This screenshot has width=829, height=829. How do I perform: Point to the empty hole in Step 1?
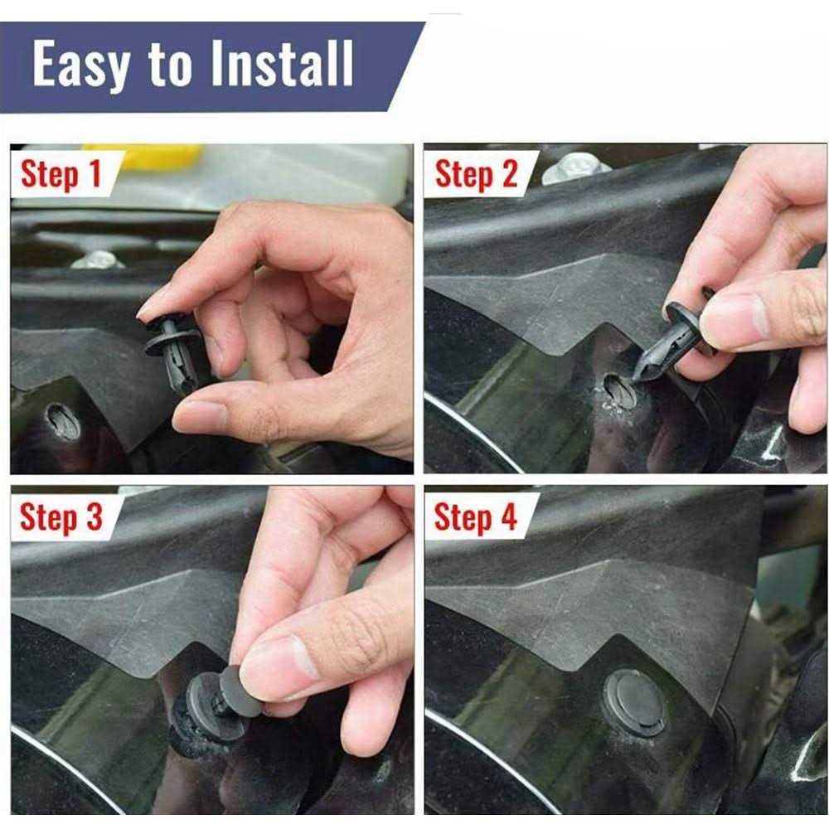[x=63, y=422]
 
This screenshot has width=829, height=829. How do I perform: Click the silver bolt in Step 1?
[x=98, y=259]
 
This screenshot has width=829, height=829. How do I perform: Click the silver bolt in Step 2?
[x=574, y=168]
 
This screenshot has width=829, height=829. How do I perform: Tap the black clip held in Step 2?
[x=673, y=343]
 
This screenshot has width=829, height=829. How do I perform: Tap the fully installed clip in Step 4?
[x=634, y=702]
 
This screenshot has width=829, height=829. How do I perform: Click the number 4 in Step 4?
[x=507, y=517]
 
